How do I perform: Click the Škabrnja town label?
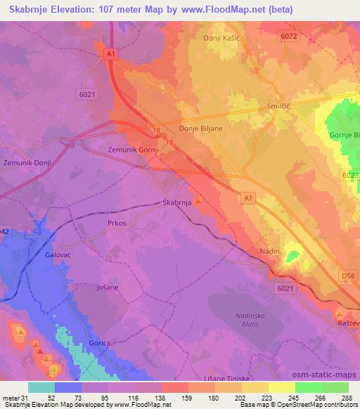click(176, 202)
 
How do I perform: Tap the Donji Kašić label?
click(221, 38)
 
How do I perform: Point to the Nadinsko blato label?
click(247, 320)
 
